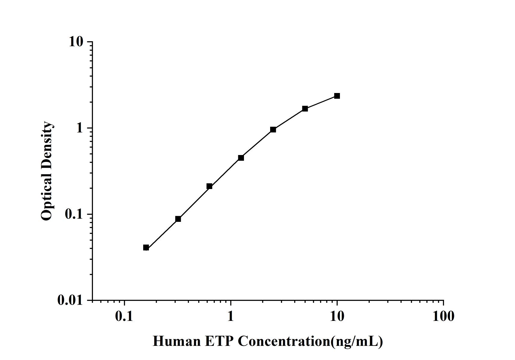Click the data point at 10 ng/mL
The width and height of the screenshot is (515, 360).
(x=337, y=96)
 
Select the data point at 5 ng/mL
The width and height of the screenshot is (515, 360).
(x=305, y=109)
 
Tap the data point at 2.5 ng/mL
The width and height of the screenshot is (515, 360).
(x=273, y=130)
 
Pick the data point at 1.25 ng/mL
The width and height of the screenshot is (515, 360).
(x=241, y=158)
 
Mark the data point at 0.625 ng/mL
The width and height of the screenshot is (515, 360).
(x=209, y=186)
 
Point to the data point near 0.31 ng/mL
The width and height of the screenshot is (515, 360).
(x=178, y=219)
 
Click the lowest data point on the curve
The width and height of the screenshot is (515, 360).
(x=146, y=248)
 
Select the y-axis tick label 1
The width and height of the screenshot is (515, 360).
(x=79, y=128)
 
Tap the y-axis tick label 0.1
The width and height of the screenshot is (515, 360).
(x=74, y=214)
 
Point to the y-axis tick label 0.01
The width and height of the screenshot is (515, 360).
(x=70, y=300)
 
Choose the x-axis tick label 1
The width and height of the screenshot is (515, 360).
(x=231, y=316)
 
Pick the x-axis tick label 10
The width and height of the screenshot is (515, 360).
(x=337, y=316)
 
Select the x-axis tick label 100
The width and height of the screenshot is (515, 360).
(x=443, y=316)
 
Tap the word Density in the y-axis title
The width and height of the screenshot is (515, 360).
(x=47, y=145)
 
